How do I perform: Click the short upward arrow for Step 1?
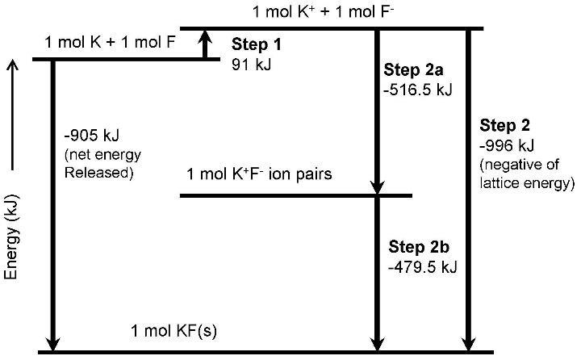(x=206, y=44)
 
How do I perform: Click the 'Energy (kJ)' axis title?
(x=11, y=230)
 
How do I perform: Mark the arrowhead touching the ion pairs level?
(x=377, y=188)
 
